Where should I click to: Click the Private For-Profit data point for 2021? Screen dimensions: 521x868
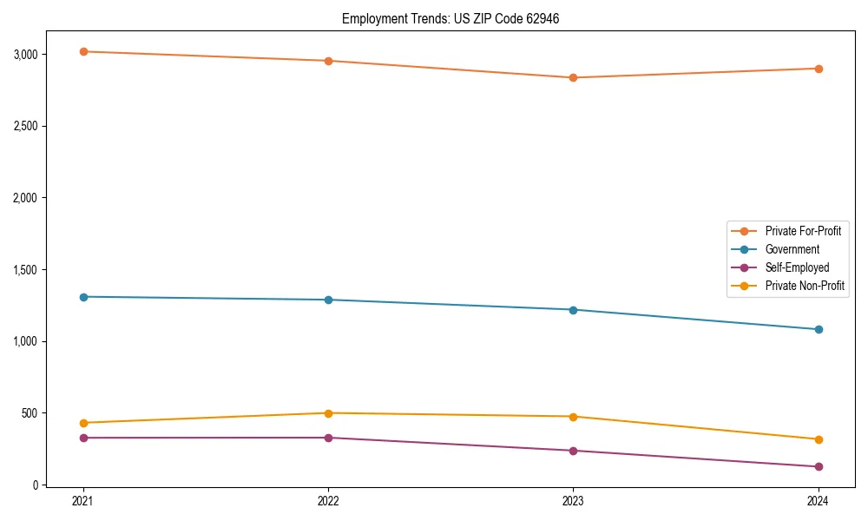point(83,51)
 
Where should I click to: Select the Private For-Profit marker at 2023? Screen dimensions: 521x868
point(573,77)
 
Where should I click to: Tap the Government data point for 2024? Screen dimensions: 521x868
point(818,329)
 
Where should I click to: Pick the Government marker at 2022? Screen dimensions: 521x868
point(328,300)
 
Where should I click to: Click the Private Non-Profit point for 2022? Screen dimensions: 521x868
point(328,413)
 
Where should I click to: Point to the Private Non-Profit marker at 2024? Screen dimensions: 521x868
point(818,439)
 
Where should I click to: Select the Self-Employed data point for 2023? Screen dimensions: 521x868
point(573,451)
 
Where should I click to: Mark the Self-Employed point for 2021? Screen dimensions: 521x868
point(83,438)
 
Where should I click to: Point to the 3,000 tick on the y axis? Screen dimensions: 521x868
point(26,55)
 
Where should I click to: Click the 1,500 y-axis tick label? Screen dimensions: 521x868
point(26,270)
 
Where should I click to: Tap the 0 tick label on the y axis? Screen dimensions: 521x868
point(37,485)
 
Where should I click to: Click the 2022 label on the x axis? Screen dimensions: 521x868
point(328,500)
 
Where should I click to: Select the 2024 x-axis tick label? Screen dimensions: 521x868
point(818,500)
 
